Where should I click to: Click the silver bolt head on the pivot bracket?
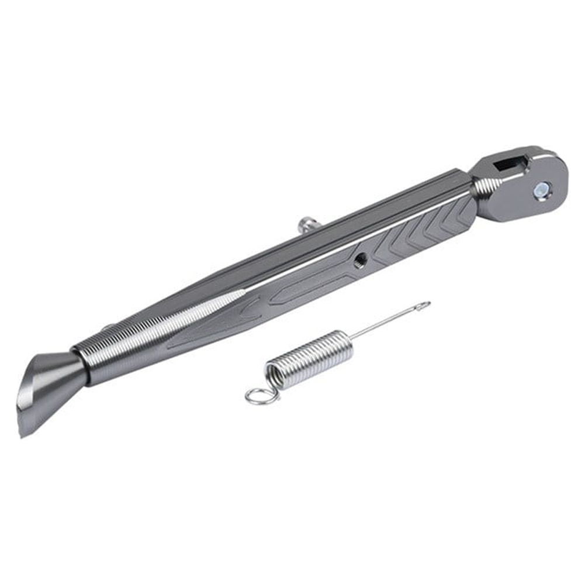(542, 188)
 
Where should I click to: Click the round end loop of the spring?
(257, 397)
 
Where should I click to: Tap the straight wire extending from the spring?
(386, 324)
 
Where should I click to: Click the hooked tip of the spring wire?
(425, 304)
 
